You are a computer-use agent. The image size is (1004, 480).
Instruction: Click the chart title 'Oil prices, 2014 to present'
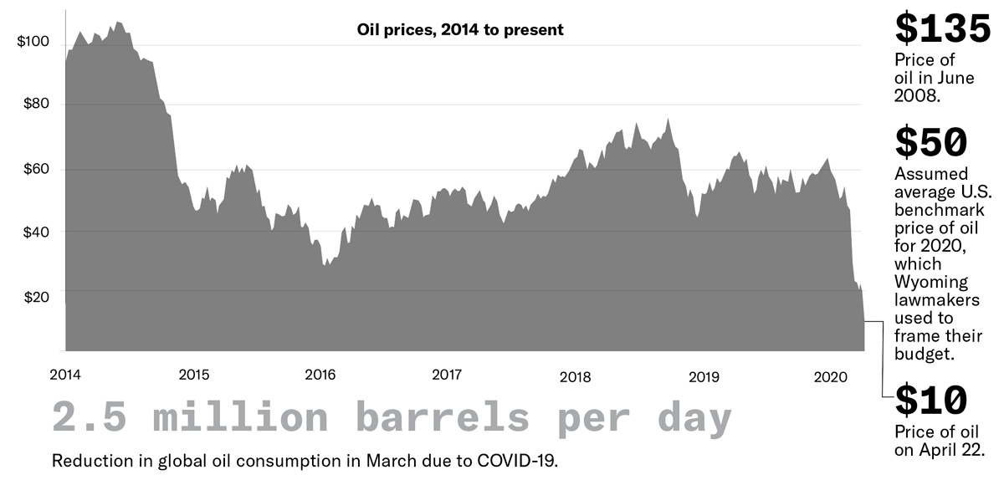click(460, 30)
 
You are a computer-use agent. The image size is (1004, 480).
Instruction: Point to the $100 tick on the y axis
click(33, 42)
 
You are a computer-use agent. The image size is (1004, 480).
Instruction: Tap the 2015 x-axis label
click(193, 374)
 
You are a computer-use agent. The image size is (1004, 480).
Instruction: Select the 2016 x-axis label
click(320, 374)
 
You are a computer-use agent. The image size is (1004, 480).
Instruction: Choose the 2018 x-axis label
click(575, 376)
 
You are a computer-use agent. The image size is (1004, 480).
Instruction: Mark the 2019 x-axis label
click(703, 376)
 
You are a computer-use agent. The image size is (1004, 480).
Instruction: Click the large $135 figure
click(942, 29)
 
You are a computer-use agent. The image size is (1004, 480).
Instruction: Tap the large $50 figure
click(930, 142)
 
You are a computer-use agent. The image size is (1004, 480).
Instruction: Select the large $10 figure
click(930, 401)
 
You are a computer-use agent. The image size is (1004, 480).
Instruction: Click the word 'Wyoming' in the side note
click(931, 281)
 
